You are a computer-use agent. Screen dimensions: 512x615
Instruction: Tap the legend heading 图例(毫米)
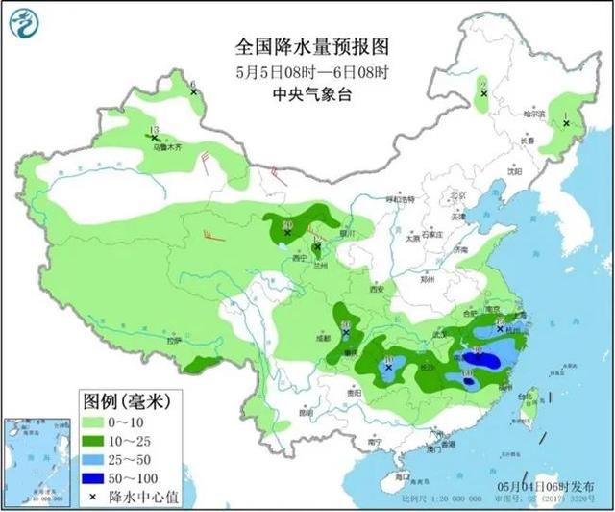(117, 400)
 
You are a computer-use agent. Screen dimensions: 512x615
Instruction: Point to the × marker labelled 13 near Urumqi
(154, 139)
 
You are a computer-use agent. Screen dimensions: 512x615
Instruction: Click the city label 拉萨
(173, 341)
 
